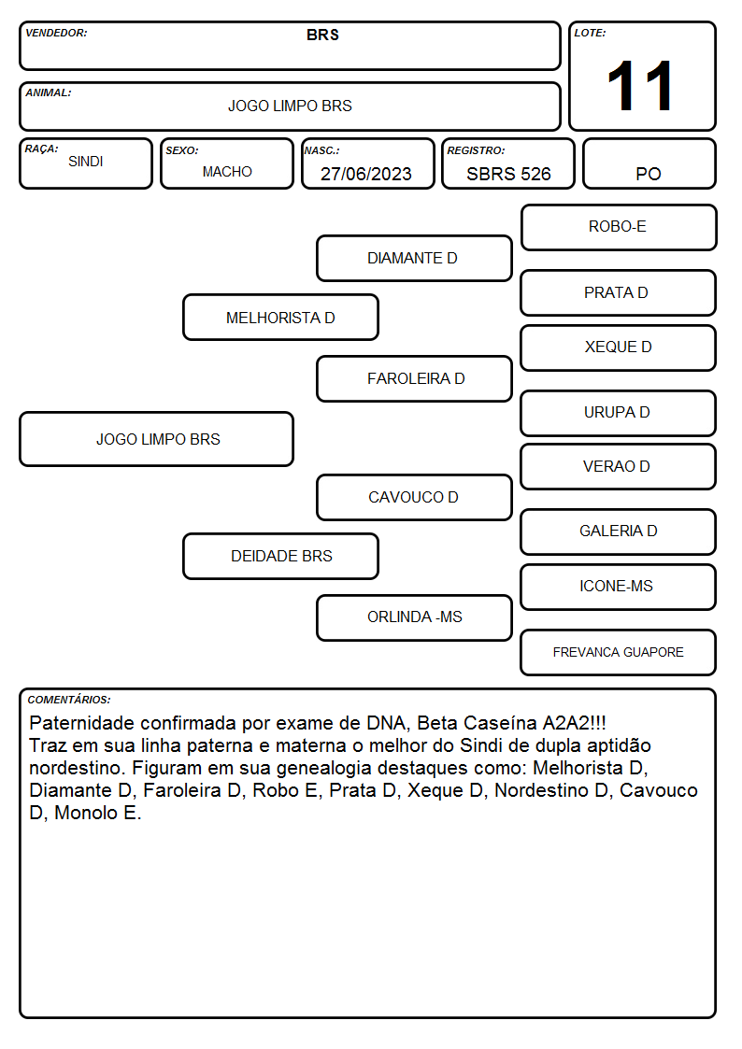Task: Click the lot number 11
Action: [639, 86]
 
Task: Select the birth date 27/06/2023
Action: [366, 174]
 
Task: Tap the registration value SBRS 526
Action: [508, 174]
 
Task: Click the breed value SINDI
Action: [86, 162]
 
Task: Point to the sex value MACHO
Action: [227, 172]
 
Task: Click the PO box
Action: [649, 163]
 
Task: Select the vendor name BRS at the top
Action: [322, 35]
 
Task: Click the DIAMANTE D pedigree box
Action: [414, 258]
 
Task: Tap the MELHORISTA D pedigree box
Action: [280, 318]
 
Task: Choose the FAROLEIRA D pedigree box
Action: [414, 378]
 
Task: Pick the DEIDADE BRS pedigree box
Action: [280, 556]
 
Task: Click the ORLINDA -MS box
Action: [414, 617]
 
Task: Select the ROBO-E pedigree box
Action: [619, 228]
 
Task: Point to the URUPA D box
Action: [619, 413]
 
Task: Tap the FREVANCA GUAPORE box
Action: [619, 652]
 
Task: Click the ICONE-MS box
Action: [619, 587]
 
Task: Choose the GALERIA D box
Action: [619, 532]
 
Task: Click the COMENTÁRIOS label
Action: [69, 700]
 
